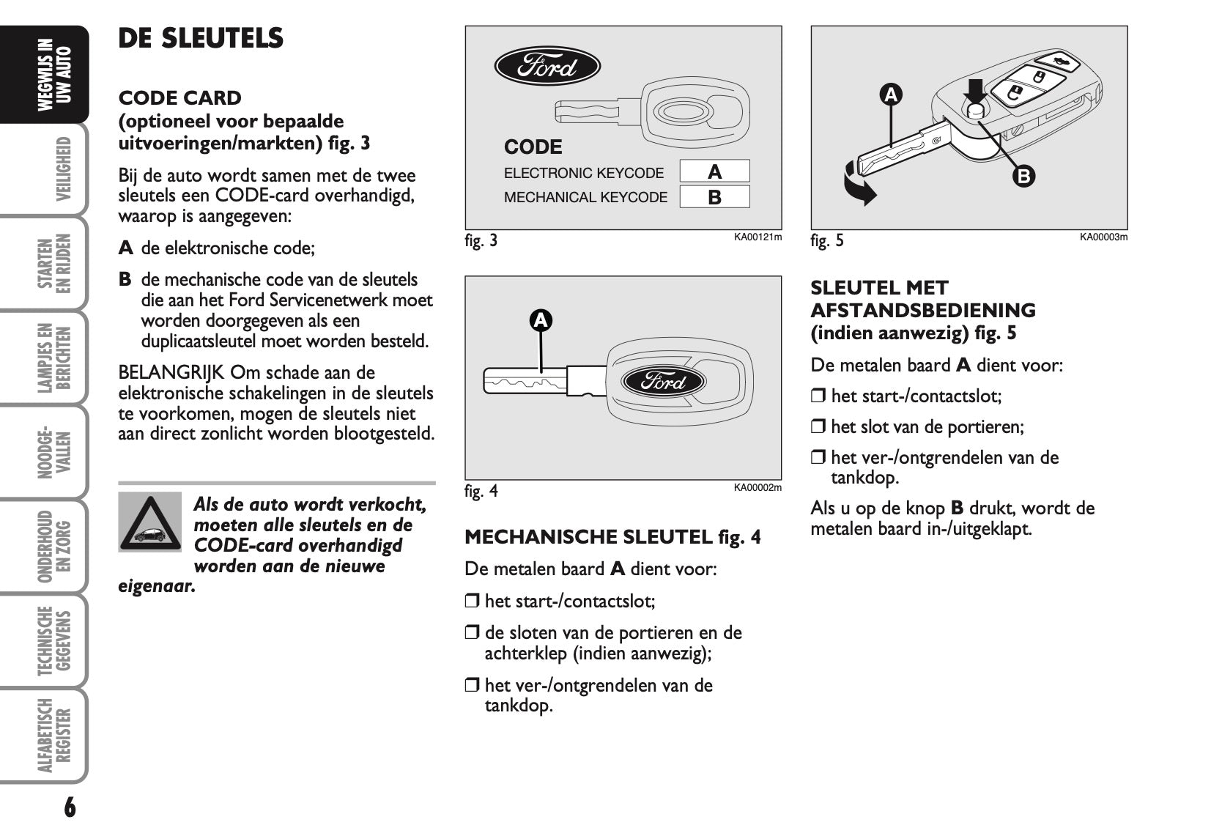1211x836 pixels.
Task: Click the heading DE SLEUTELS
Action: coord(201,38)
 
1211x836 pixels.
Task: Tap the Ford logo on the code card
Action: coord(547,67)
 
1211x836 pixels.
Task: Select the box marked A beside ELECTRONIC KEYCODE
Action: coord(714,171)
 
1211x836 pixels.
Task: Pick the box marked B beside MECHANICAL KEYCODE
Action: coord(714,197)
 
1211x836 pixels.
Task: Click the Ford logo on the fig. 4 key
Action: coord(663,382)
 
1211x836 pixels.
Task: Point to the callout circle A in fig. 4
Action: coord(541,320)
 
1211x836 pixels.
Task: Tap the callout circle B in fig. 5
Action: coord(1023,176)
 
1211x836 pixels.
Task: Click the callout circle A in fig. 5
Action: coord(891,95)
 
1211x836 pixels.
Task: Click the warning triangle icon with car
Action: coord(149,522)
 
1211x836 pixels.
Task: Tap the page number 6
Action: coord(70,807)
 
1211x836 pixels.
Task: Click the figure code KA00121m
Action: coord(758,237)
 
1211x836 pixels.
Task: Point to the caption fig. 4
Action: coord(481,490)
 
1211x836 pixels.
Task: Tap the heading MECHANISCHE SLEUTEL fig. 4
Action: coord(612,537)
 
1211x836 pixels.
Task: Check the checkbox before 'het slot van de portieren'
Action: coord(818,427)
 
